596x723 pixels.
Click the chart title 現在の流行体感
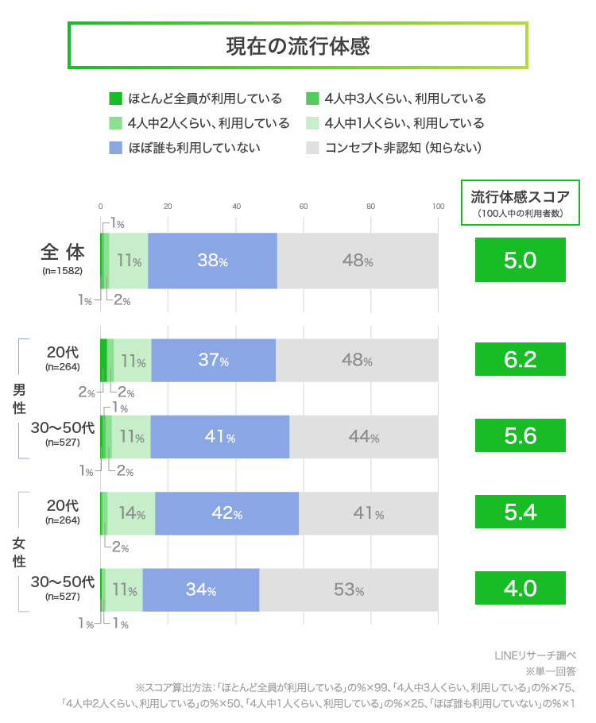[298, 46]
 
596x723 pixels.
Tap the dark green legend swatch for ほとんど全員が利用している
[115, 99]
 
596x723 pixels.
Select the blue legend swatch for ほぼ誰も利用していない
[115, 147]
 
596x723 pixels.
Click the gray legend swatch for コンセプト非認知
[312, 147]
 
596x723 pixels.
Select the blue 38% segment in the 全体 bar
[212, 261]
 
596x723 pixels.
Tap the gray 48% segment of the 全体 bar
[358, 261]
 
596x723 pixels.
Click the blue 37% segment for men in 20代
[213, 360]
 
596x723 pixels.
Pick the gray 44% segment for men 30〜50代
[363, 436]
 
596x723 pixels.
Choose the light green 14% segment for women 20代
[131, 513]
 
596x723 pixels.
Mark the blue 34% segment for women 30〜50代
[201, 590]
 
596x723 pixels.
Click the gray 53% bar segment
[349, 590]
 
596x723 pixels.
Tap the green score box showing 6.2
[520, 359]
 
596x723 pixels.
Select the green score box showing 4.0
[520, 589]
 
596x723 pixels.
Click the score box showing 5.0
[520, 260]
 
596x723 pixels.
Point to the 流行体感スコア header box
[521, 202]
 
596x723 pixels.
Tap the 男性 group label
[19, 398]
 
